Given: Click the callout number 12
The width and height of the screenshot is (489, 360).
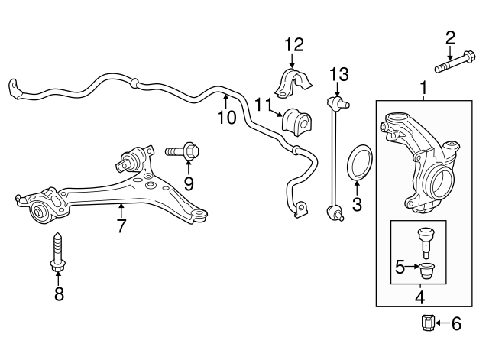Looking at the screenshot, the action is coord(293,45).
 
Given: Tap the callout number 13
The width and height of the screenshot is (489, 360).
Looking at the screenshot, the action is coord(339,75).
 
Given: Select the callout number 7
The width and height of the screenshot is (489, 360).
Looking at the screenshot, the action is coord(121,226).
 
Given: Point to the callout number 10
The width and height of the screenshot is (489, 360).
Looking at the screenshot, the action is coord(227,118).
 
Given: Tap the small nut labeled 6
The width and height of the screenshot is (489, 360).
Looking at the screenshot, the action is coord(426,323).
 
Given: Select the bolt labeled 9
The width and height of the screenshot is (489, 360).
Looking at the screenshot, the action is coord(183,152).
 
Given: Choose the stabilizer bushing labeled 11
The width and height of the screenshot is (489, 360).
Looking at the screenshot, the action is coord(297,122).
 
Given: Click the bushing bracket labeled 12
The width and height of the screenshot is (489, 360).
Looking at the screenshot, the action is coord(293,83).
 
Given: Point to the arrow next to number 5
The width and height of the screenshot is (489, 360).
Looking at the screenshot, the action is coord(412,266).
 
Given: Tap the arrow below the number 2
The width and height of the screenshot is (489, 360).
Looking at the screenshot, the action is coord(449,53).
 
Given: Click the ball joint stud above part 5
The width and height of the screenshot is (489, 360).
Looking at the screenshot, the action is coord(424,244).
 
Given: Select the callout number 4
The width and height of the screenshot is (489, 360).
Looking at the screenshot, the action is coord(420,297).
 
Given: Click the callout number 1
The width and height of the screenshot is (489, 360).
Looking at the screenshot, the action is coord(424,88).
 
